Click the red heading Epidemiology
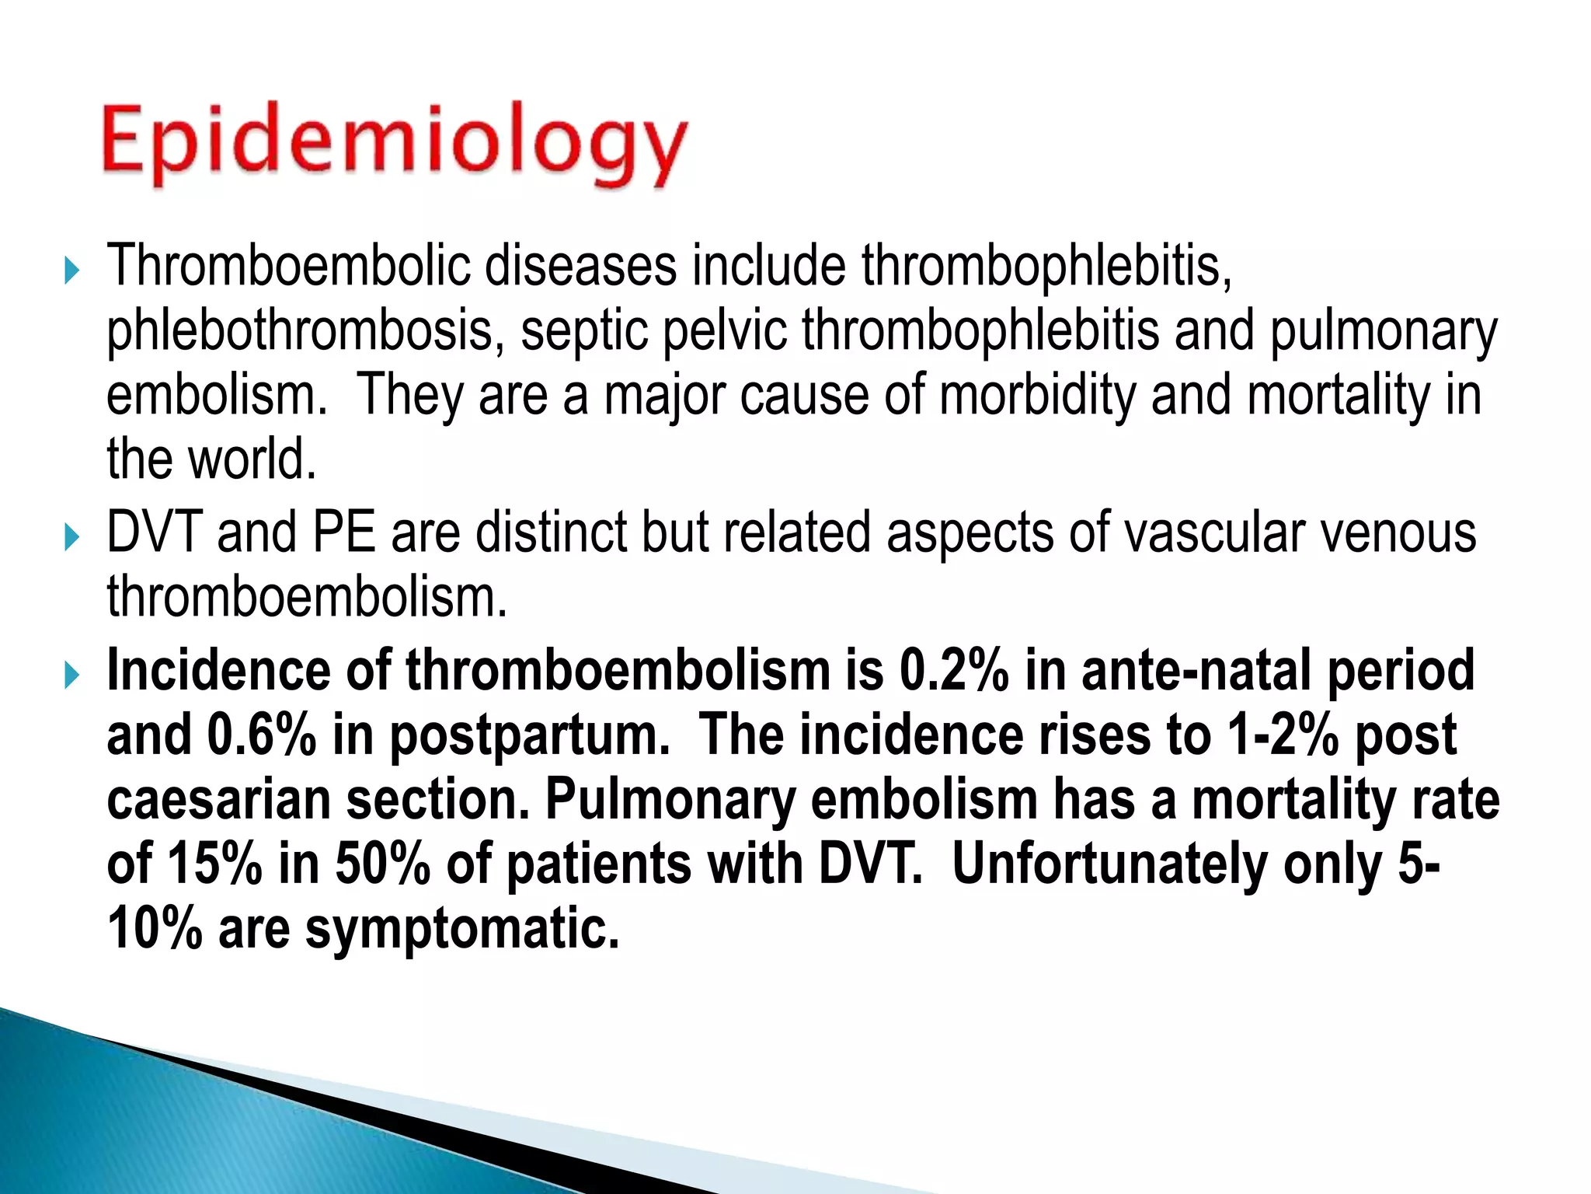(394, 145)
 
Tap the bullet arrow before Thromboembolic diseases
(71, 271)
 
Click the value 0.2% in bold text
(953, 670)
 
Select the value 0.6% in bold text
(261, 735)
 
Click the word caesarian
(218, 800)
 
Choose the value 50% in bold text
(382, 864)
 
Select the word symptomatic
(462, 929)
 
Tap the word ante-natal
(1196, 670)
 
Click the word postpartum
(528, 737)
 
